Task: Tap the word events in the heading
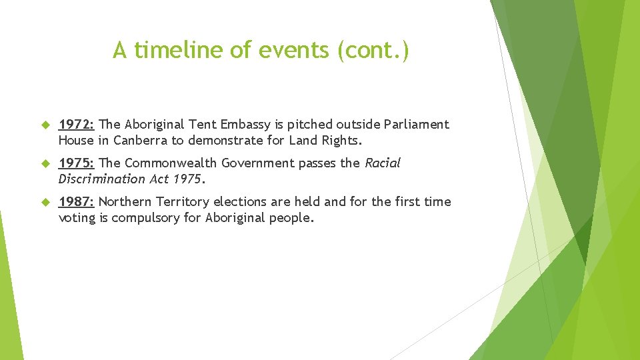pos(295,50)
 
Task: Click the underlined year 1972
pos(77,125)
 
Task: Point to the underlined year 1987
pos(77,202)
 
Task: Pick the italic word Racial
pos(382,163)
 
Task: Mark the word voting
pos(77,218)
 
